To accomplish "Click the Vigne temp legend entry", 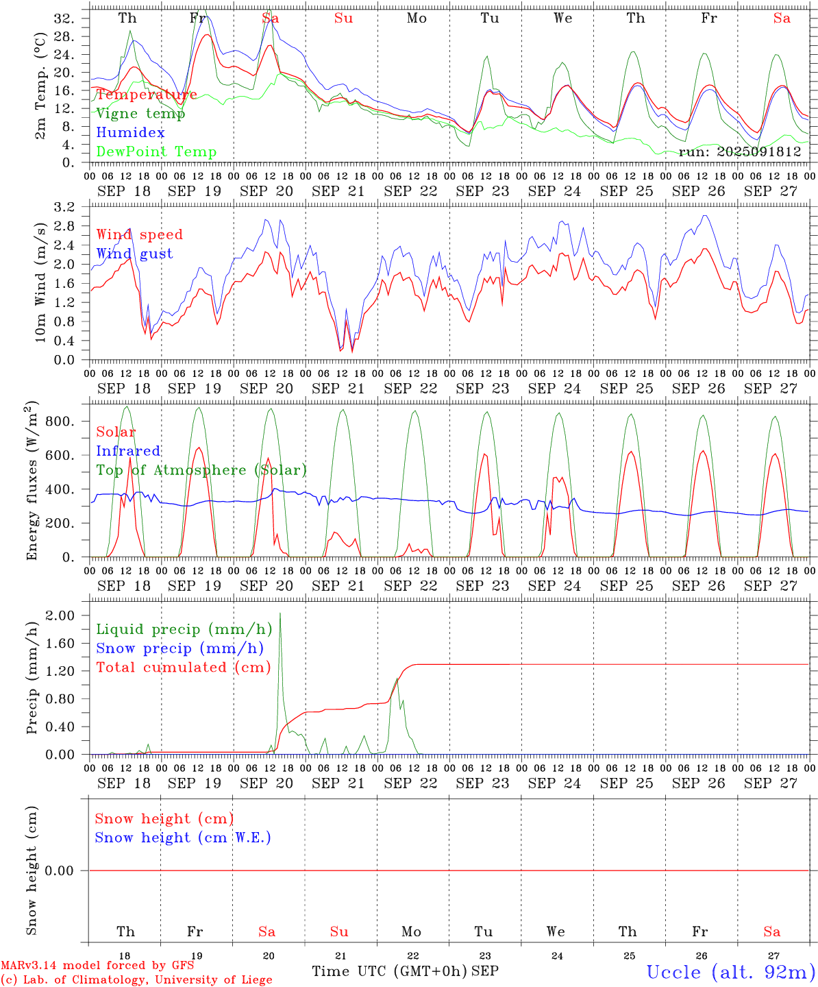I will (140, 114).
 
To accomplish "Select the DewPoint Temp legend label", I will (156, 152).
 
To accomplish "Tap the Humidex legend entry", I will (130, 133).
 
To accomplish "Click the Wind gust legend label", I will (134, 254).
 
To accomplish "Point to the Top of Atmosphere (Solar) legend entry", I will (201, 470).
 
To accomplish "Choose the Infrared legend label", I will (128, 451).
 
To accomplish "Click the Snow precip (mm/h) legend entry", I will (179, 648).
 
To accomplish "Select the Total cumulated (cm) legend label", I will (184, 668).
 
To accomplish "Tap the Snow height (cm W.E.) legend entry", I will (183, 838).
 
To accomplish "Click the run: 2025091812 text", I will (740, 152).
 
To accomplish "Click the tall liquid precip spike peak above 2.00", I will (280, 613).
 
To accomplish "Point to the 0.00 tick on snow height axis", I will (69, 870).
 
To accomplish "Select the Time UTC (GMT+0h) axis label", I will (389, 971).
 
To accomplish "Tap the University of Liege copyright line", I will (136, 980).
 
